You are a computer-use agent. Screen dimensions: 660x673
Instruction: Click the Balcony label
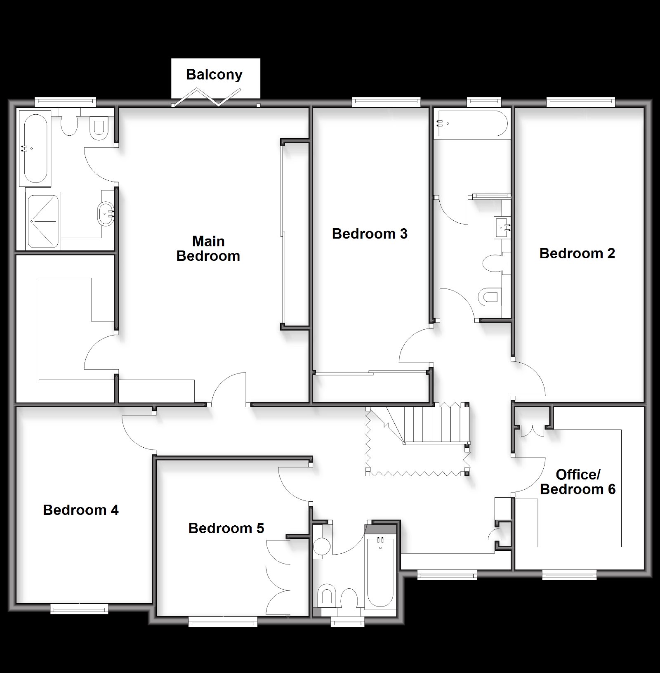click(x=214, y=75)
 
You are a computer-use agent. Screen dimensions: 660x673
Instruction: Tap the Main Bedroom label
click(x=208, y=248)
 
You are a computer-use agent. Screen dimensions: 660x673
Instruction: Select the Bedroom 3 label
click(x=370, y=234)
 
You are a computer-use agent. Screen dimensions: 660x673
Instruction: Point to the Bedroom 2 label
click(x=577, y=253)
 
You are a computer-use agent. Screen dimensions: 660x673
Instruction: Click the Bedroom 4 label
click(x=81, y=510)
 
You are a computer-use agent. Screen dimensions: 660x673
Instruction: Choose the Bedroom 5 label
click(x=226, y=528)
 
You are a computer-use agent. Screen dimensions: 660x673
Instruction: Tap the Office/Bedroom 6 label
click(x=577, y=482)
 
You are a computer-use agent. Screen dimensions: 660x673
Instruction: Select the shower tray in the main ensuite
click(x=43, y=221)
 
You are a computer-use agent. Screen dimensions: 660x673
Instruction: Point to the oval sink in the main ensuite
click(x=106, y=214)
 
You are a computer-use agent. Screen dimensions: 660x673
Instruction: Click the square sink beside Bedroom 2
click(x=502, y=227)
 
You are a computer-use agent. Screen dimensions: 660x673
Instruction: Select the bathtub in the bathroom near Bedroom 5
click(x=381, y=572)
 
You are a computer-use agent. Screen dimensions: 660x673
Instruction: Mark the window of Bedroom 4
click(x=79, y=609)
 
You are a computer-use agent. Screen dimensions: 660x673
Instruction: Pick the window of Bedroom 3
click(x=386, y=102)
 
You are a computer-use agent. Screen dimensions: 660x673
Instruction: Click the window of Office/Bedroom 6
click(x=569, y=574)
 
